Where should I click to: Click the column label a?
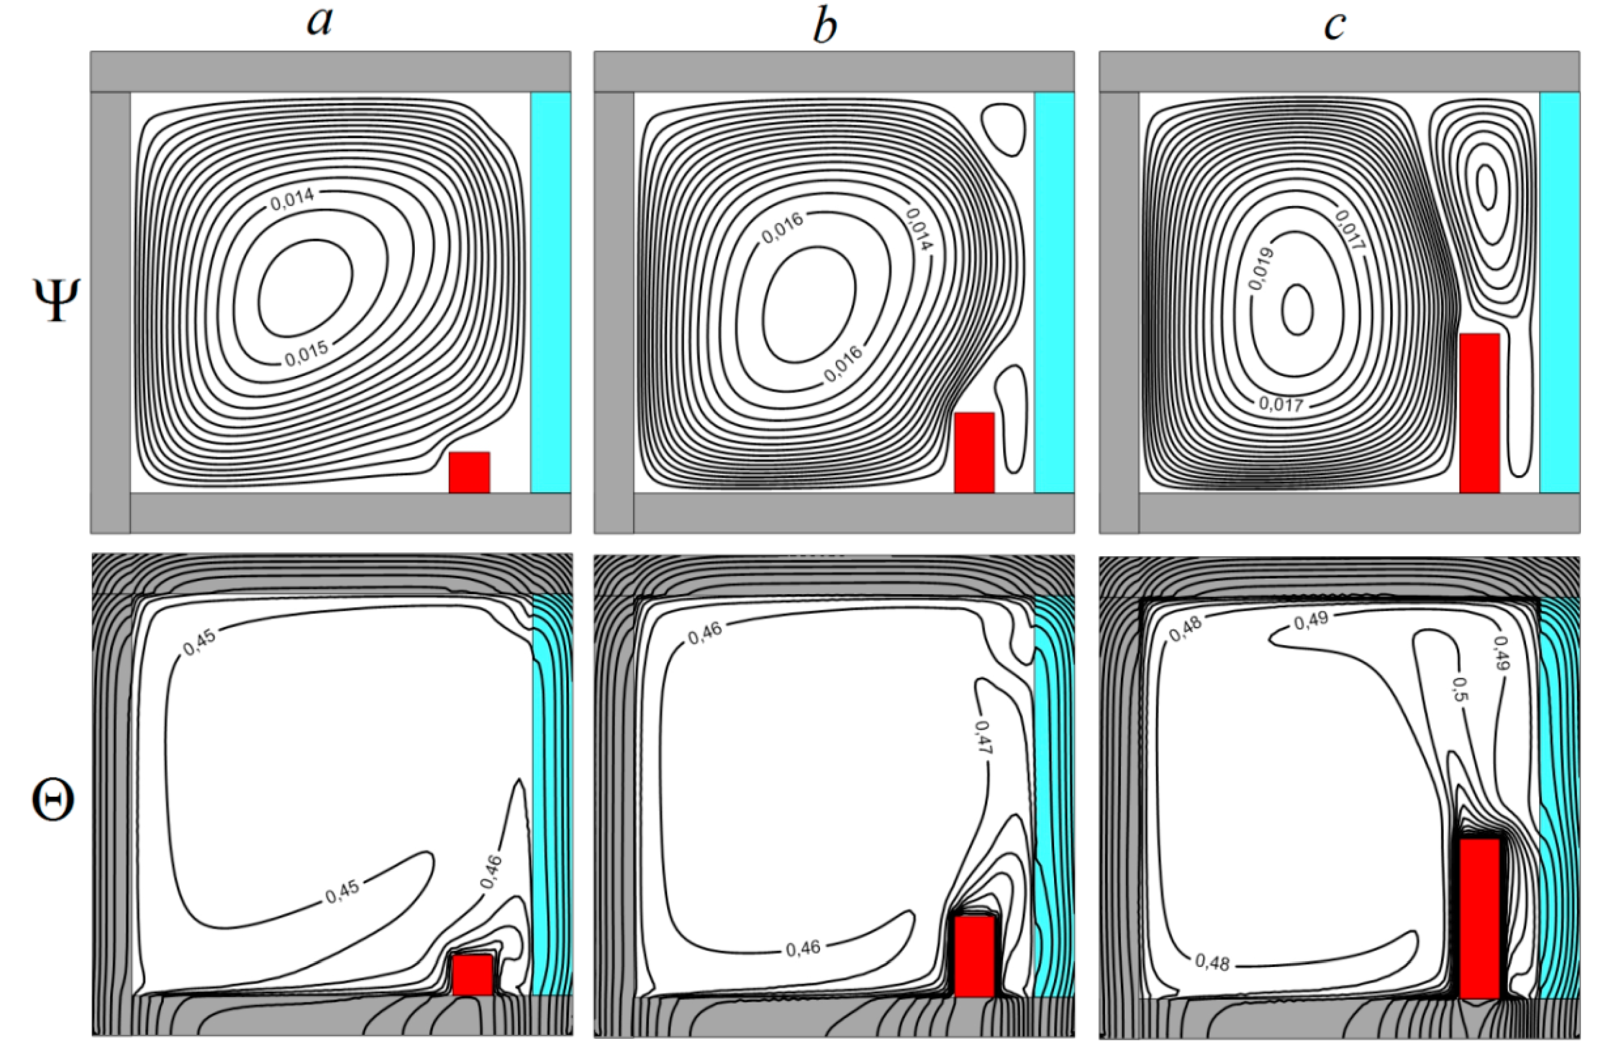pyautogui.click(x=320, y=23)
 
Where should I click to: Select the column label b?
pyautogui.click(x=825, y=26)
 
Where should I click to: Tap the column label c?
pyautogui.click(x=1334, y=26)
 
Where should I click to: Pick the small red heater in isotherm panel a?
pyautogui.click(x=472, y=975)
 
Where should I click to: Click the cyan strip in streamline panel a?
pyautogui.click(x=550, y=292)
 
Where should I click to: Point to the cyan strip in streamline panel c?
pyautogui.click(x=1559, y=292)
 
